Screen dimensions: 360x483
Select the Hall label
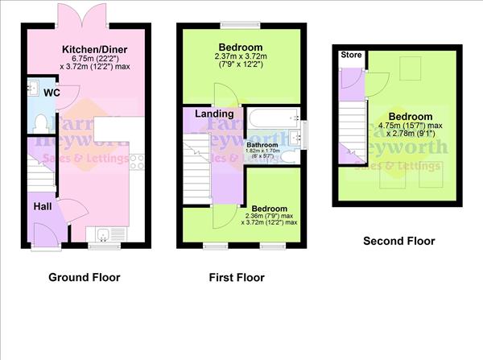[43, 207]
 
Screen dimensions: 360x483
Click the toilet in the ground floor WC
[42, 122]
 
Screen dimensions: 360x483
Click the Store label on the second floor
[351, 56]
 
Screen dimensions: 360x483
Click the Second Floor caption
[398, 241]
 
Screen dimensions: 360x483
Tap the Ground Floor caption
[84, 278]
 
